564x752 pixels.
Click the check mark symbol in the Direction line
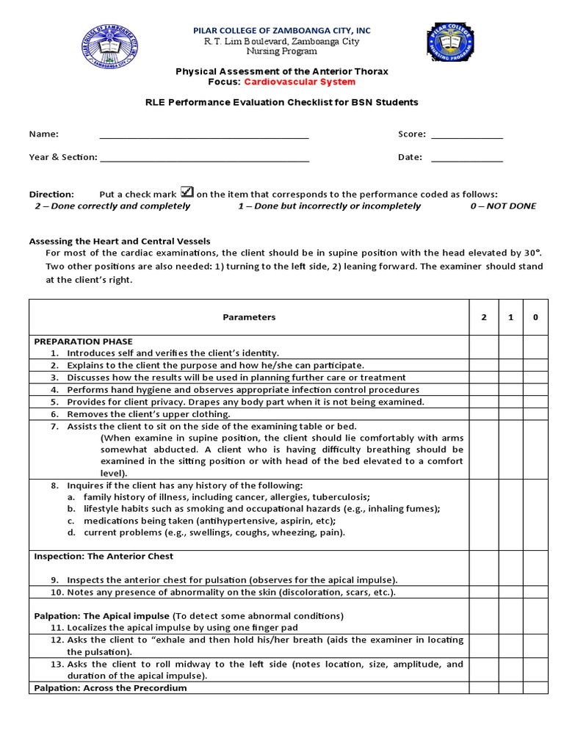point(187,192)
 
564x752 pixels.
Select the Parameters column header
point(249,317)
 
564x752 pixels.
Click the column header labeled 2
point(484,317)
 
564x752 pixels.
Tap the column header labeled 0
point(535,317)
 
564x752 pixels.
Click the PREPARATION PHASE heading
point(83,341)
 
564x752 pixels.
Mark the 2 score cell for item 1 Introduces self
point(484,353)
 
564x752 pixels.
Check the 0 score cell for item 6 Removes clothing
point(535,414)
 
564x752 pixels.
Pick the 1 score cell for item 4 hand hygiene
point(510,390)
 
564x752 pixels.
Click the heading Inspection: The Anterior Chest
point(104,557)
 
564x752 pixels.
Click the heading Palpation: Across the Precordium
point(110,688)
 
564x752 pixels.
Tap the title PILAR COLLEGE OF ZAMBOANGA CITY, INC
point(282,30)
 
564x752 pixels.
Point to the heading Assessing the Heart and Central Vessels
point(119,241)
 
